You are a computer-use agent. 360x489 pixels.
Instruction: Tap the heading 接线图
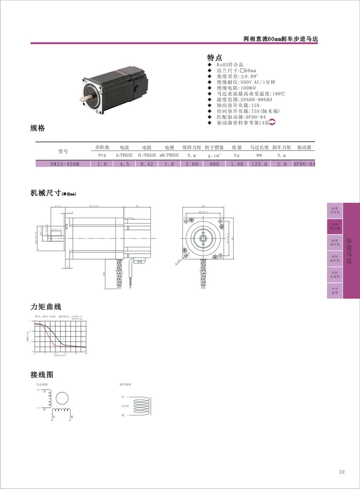(42, 375)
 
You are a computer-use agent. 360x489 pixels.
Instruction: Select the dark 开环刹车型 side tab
(335, 226)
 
